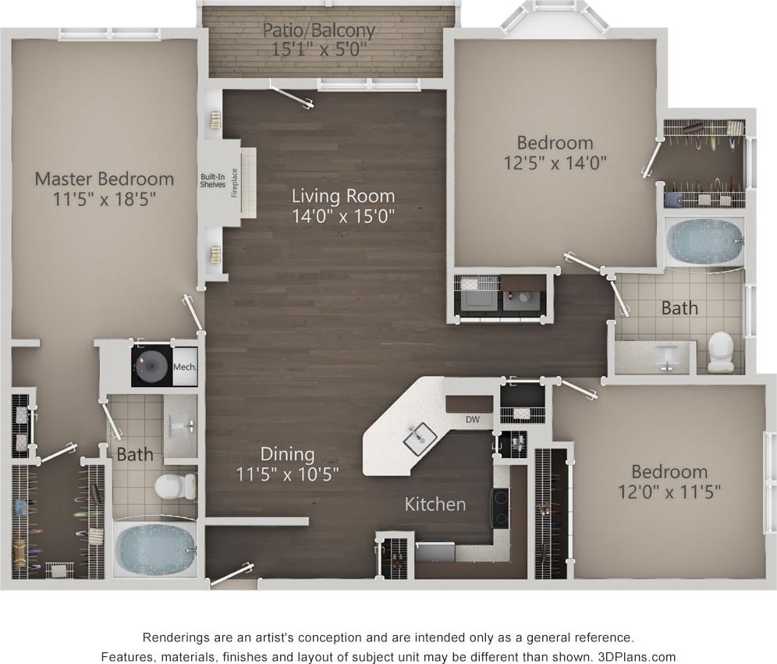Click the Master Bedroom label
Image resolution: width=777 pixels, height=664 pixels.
click(x=104, y=179)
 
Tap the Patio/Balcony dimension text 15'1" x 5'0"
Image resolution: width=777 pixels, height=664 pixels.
click(x=318, y=48)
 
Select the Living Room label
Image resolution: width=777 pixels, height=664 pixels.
click(x=343, y=195)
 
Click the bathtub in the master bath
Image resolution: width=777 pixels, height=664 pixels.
click(x=154, y=549)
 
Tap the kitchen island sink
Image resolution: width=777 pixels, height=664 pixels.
click(x=420, y=438)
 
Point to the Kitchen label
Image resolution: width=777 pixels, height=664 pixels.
click(x=435, y=504)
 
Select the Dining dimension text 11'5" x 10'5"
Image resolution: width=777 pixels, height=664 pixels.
click(x=288, y=472)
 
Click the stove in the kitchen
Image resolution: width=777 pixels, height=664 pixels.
click(x=499, y=508)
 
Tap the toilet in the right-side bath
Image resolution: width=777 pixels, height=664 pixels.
click(x=720, y=352)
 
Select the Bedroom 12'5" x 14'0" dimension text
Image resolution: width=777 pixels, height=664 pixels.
click(x=555, y=162)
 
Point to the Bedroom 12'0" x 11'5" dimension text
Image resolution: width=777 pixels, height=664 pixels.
click(x=669, y=492)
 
